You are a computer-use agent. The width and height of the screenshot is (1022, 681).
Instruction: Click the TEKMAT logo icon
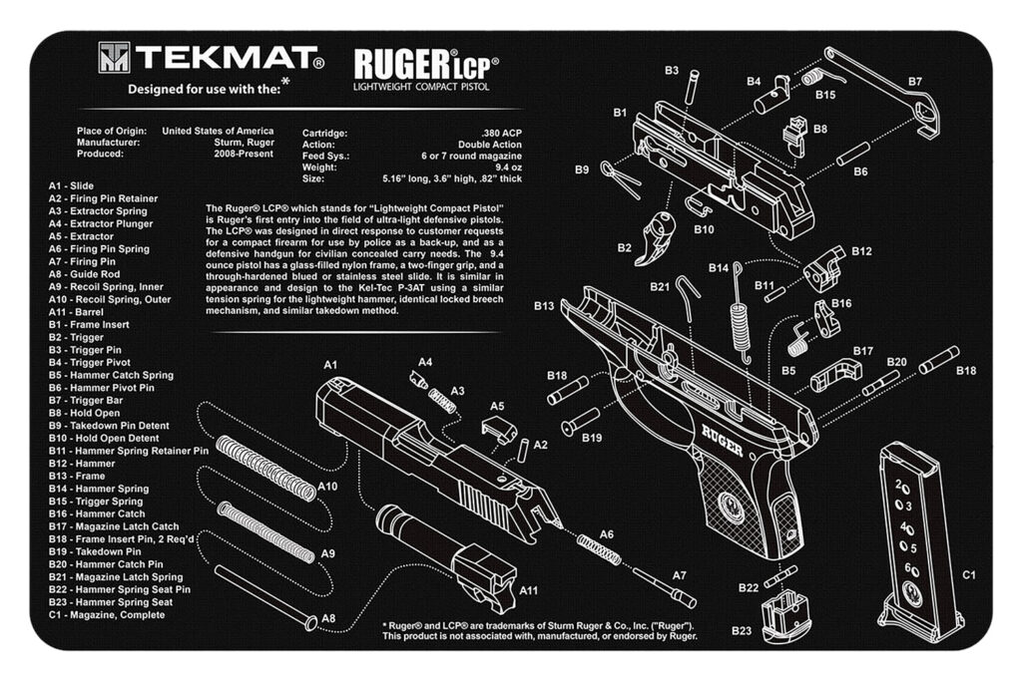pos(114,59)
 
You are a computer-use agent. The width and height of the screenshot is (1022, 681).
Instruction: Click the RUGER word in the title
pos(399,65)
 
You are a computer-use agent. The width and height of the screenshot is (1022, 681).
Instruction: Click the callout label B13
pos(543,305)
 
